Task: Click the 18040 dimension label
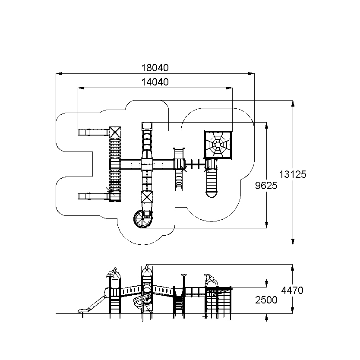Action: tap(155, 68)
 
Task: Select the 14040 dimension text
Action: tap(155, 82)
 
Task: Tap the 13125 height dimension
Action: tap(293, 174)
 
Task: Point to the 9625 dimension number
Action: tap(266, 186)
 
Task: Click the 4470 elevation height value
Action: tap(292, 291)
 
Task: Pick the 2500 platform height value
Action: tap(266, 300)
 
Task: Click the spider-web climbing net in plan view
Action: tap(218, 145)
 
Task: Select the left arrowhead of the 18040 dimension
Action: tap(59, 74)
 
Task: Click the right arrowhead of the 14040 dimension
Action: tap(229, 88)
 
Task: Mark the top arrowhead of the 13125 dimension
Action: tap(293, 104)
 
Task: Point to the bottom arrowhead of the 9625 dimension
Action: tap(266, 225)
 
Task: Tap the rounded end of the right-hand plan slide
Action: tap(212, 195)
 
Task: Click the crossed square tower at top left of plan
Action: tap(115, 133)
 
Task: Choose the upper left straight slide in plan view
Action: tap(93, 132)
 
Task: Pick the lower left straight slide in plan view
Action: tap(93, 196)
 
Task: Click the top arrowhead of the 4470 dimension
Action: tap(292, 268)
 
